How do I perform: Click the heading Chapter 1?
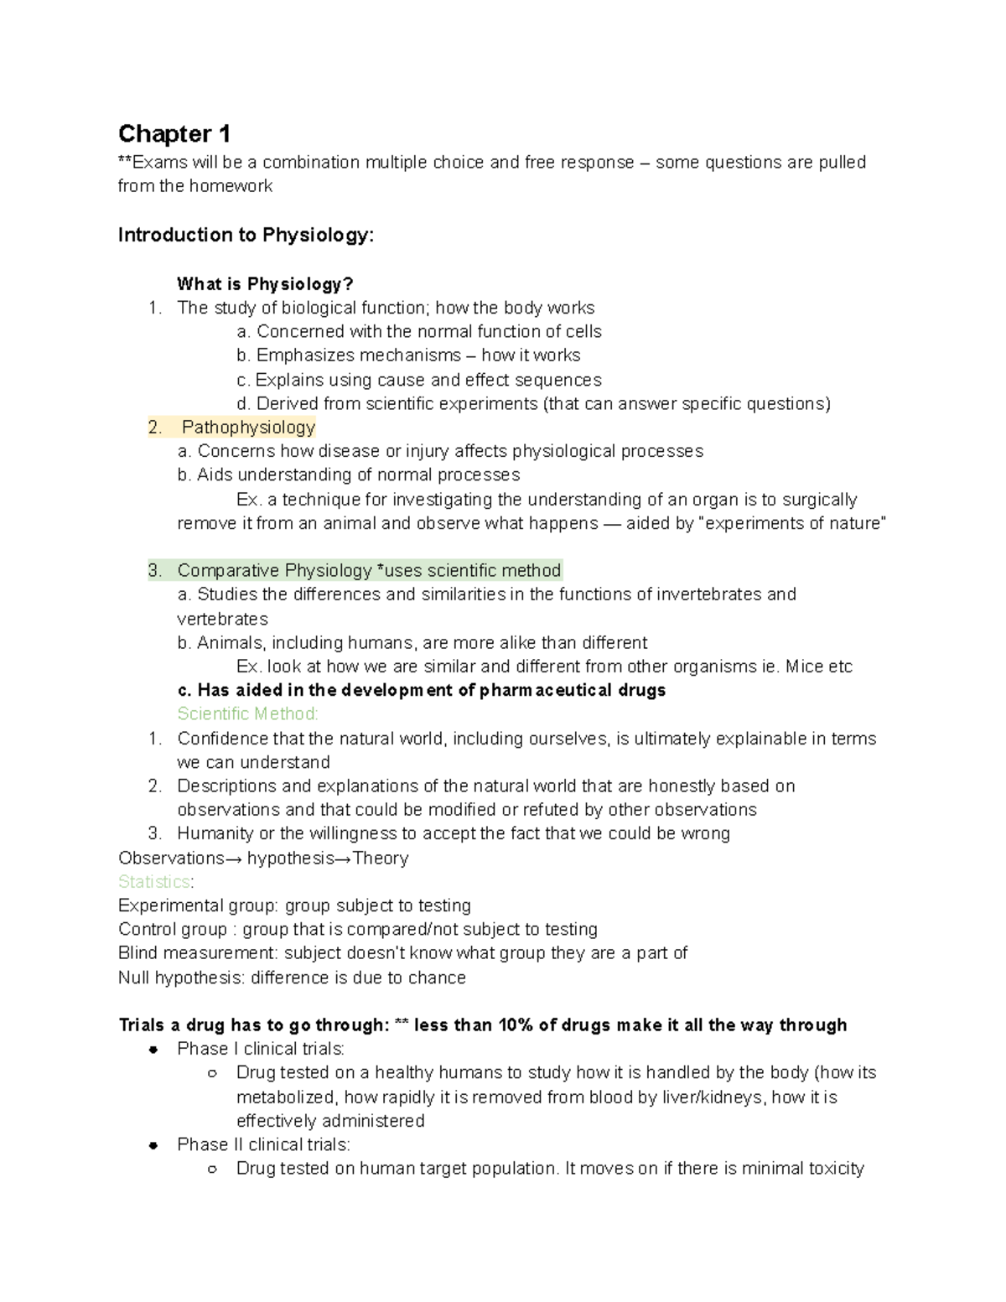[x=174, y=134]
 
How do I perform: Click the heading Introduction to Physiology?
[x=246, y=235]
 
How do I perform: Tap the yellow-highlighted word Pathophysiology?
[x=248, y=428]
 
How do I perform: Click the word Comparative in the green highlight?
[x=229, y=571]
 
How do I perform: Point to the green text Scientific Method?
[x=247, y=714]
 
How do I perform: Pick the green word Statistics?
[x=154, y=882]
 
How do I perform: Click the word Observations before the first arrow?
[x=171, y=858]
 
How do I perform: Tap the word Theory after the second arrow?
[x=381, y=858]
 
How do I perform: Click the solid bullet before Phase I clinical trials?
[x=153, y=1050]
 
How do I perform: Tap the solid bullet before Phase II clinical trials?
[x=153, y=1145]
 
